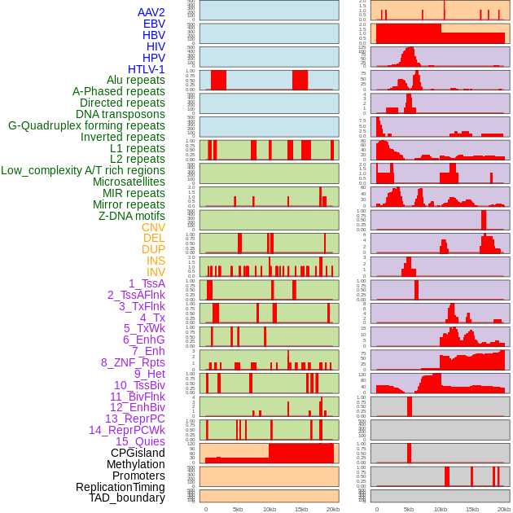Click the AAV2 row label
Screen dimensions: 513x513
(151, 12)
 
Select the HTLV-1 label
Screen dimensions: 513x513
(147, 69)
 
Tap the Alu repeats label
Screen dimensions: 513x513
(136, 80)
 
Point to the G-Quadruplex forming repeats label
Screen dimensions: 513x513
(86, 125)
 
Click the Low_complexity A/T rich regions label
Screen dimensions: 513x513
(83, 170)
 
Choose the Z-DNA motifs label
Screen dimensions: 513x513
(132, 216)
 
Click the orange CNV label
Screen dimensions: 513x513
(153, 227)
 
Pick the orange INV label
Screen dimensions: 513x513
(156, 272)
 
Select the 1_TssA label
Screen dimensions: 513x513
(147, 283)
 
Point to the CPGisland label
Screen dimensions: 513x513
(138, 453)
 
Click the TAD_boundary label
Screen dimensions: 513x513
(127, 498)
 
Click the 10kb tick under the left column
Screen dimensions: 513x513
(270, 509)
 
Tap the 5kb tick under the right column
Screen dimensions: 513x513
(409, 509)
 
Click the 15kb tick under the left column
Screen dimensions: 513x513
(301, 509)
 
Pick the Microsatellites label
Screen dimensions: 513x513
(129, 182)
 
